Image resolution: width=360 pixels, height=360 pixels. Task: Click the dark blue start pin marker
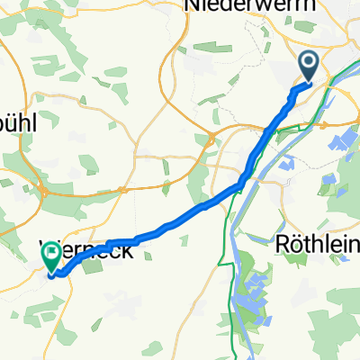(308, 65)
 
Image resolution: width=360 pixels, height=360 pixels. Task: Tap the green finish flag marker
(51, 256)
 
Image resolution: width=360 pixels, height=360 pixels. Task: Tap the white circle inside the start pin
(308, 62)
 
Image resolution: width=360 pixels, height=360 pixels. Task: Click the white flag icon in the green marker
(51, 254)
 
